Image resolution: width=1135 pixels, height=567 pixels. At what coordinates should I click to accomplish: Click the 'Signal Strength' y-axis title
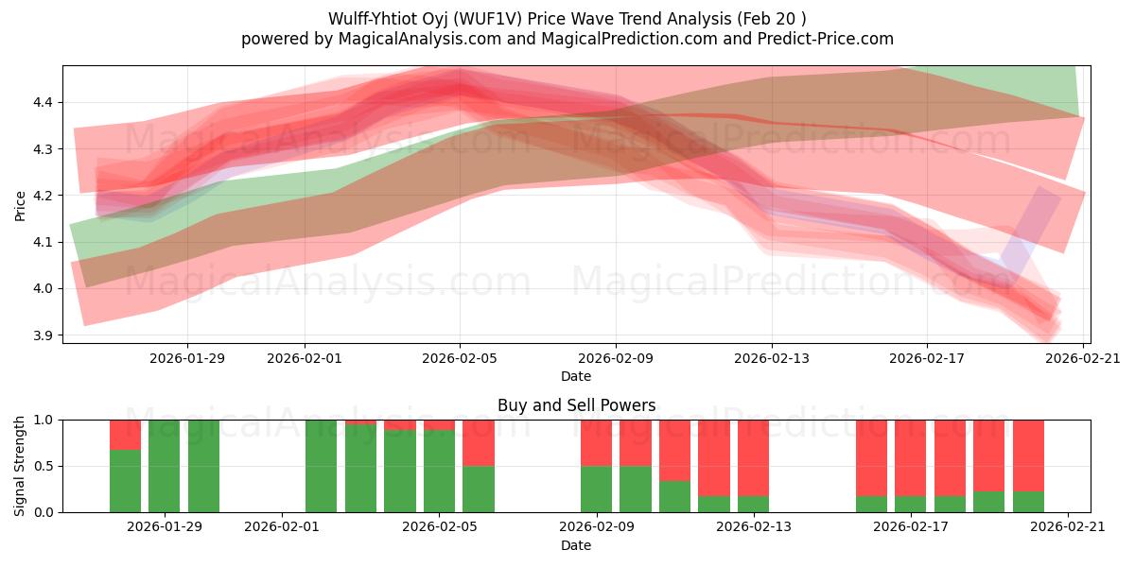pos(21,466)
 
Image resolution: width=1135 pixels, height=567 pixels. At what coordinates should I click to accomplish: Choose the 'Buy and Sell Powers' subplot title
pos(576,405)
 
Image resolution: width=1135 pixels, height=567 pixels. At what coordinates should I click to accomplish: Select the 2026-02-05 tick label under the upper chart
pos(461,358)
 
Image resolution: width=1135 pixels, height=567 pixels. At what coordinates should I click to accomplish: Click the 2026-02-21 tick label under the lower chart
pos(1068,527)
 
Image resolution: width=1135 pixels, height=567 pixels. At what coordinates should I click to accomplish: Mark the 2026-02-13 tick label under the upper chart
pos(772,358)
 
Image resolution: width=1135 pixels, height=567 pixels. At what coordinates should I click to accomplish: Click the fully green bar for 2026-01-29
pos(165,466)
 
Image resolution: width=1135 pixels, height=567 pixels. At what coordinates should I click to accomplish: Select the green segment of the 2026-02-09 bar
pos(596,489)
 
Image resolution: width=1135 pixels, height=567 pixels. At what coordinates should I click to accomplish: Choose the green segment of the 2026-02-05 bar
pos(439,471)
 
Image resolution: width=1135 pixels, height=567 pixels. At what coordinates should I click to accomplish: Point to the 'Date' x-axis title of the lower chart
pos(576,545)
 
